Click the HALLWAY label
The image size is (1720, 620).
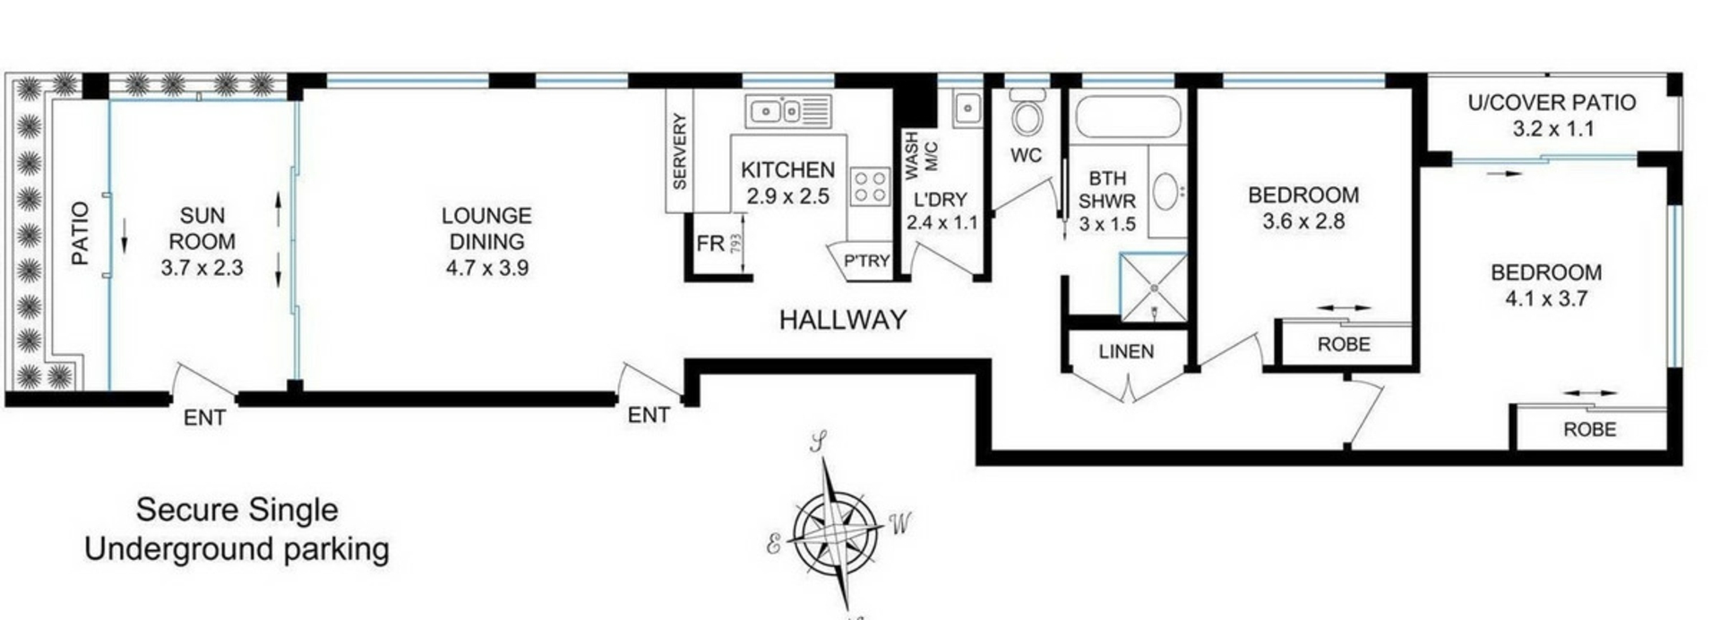[842, 320]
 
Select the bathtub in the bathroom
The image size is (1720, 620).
[1127, 117]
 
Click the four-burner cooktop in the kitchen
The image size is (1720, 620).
[869, 187]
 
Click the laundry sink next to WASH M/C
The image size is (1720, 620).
[967, 109]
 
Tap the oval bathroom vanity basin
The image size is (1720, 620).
[1165, 191]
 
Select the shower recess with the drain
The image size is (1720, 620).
[1154, 287]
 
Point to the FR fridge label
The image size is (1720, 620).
[710, 244]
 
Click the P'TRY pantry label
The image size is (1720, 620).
[866, 261]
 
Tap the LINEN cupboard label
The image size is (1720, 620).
[1126, 352]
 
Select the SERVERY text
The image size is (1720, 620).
[679, 151]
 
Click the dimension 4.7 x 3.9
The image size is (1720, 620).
[486, 267]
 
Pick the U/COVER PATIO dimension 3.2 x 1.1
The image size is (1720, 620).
[1552, 129]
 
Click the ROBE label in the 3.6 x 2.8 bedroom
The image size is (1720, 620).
[1343, 344]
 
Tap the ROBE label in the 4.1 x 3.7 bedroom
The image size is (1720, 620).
[1589, 429]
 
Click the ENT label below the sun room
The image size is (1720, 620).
[204, 418]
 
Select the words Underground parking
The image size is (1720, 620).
[236, 549]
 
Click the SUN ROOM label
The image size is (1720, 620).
[202, 228]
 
